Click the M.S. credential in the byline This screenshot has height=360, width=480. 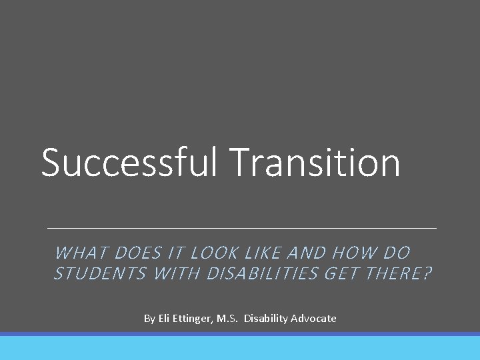(227, 319)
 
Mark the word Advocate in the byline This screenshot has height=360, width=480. (314, 319)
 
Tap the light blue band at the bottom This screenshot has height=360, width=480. (240, 348)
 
